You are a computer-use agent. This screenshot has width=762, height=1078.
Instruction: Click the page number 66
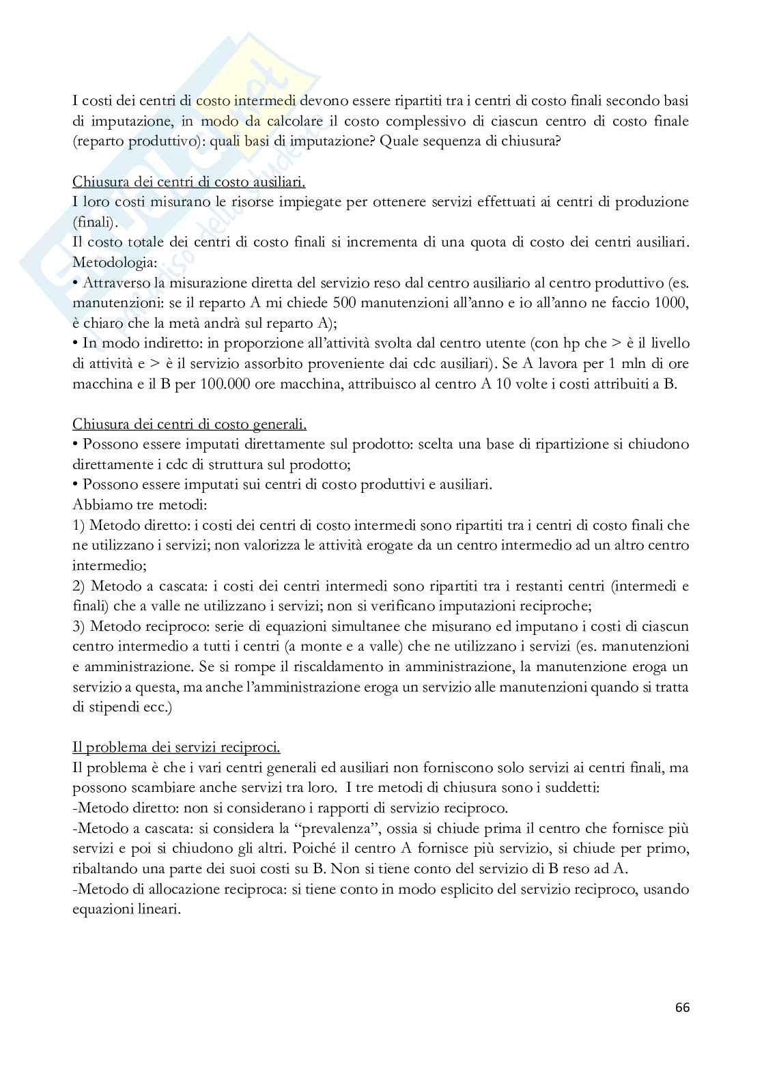[682, 1007]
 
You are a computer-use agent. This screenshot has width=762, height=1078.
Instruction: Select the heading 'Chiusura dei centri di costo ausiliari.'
[188, 182]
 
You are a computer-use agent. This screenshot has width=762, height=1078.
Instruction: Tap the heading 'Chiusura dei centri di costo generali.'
[189, 424]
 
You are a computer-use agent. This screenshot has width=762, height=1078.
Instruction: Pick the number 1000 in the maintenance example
[673, 303]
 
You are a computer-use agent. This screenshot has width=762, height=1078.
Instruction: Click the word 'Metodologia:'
[114, 263]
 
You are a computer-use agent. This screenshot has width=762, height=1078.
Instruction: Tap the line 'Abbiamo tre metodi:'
[137, 505]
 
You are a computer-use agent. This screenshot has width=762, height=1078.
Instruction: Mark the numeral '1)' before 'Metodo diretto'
[79, 525]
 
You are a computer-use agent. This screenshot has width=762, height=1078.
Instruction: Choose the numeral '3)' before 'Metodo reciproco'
[79, 626]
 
